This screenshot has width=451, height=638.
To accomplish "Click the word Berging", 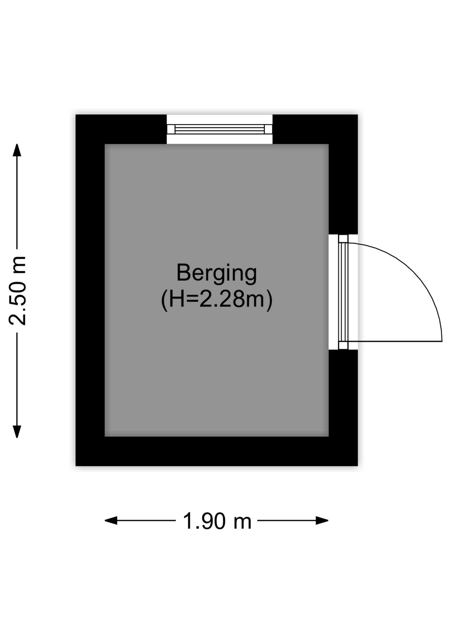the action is click(x=217, y=274).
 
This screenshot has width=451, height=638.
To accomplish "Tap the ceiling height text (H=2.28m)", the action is click(x=217, y=300).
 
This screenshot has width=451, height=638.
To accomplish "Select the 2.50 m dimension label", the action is click(x=17, y=290).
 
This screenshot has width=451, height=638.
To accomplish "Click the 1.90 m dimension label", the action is click(x=217, y=521).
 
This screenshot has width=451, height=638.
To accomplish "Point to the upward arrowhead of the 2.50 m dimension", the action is click(x=17, y=150).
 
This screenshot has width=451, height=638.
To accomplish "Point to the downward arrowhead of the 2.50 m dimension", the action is click(x=17, y=432).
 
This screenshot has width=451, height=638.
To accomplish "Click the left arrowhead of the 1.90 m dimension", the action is click(x=111, y=520).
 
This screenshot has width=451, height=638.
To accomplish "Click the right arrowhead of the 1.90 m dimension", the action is click(x=322, y=520).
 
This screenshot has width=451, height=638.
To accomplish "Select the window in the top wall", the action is click(x=220, y=129).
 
